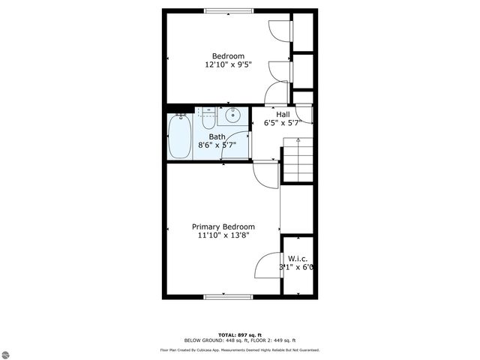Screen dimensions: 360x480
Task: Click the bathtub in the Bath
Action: tap(179, 136)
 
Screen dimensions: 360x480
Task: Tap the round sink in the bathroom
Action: tap(232, 115)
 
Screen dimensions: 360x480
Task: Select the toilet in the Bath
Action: tap(207, 115)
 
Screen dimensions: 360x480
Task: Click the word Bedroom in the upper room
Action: tap(228, 56)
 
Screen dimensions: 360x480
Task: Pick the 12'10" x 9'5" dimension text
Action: tap(228, 65)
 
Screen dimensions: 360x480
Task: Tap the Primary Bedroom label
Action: tap(223, 226)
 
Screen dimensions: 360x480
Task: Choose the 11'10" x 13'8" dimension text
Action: tap(223, 235)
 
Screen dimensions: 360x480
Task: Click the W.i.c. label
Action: tap(298, 258)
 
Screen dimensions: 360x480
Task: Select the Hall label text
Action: tap(282, 114)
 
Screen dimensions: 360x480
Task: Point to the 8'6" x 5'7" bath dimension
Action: tap(217, 145)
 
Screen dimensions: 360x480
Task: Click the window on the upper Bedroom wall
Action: tap(228, 10)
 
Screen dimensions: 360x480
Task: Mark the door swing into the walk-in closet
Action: tap(269, 266)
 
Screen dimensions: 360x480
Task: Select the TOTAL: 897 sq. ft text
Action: tap(240, 334)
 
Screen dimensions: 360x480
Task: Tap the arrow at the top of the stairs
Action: tap(298, 140)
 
